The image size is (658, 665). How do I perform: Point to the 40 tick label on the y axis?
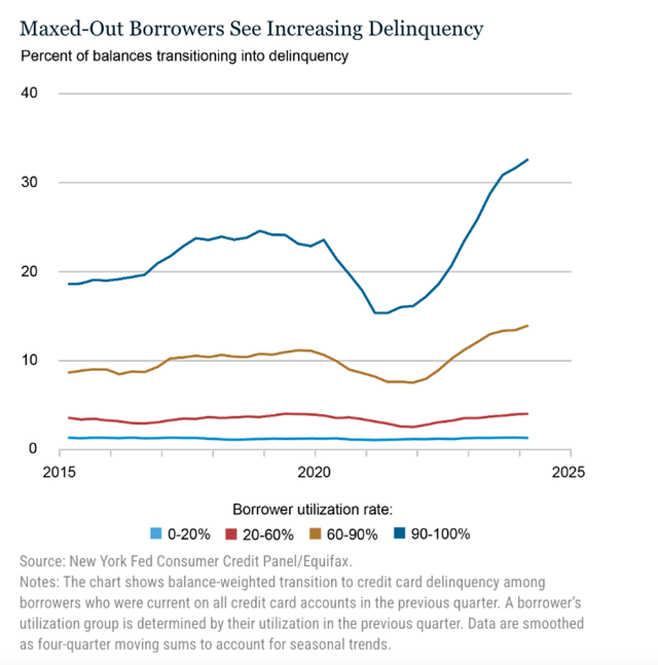32,93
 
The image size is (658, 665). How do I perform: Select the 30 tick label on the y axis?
32,183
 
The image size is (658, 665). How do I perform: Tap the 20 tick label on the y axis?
32,271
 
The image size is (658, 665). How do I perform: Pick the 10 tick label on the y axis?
32,361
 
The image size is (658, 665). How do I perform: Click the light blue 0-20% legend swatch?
157,534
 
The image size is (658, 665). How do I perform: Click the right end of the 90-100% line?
528,160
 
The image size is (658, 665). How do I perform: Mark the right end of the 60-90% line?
528,325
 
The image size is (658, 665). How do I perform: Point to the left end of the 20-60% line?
68,418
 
